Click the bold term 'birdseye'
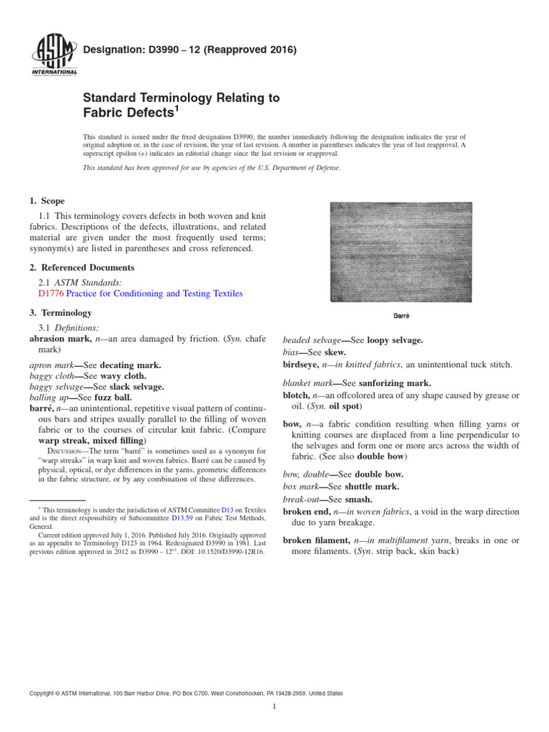coord(302,364)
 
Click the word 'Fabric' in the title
coord(109,112)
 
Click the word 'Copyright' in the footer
coord(44,693)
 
